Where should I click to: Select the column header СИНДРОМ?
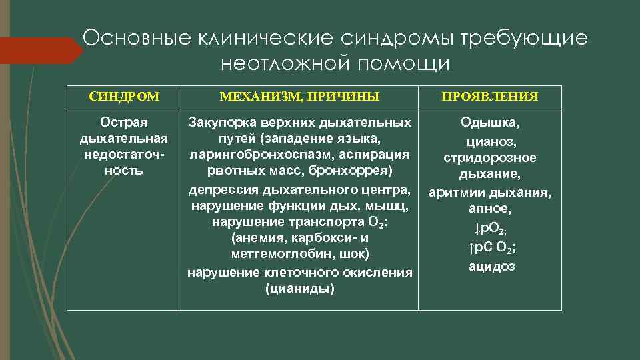(x=124, y=97)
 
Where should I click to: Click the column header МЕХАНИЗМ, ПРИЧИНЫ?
(x=299, y=97)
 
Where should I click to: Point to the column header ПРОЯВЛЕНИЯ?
(x=489, y=97)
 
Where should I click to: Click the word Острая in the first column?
(x=123, y=123)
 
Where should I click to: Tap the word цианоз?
(x=489, y=141)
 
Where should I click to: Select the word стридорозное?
(x=489, y=158)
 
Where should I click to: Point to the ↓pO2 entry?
(x=489, y=228)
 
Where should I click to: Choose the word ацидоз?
(x=489, y=266)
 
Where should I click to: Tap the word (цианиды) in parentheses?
(x=299, y=289)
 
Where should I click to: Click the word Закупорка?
(x=221, y=123)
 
